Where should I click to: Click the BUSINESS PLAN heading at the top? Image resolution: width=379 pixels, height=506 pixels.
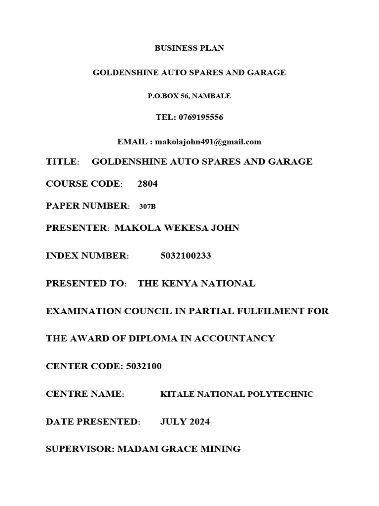(189, 48)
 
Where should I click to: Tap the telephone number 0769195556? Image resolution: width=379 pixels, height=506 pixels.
(200, 118)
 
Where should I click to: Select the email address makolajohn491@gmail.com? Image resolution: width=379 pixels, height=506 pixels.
(208, 142)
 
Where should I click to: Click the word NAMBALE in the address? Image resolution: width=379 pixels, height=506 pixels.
(211, 96)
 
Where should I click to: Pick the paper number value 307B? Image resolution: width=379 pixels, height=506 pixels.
(148, 206)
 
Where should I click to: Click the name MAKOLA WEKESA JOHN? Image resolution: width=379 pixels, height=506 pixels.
(177, 228)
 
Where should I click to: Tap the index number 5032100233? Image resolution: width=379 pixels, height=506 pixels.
(186, 255)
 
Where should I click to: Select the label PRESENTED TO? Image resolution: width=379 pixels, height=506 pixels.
(85, 284)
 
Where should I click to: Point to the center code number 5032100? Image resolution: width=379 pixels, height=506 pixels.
(144, 366)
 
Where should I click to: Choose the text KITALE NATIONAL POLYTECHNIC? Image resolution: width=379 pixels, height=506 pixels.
(237, 394)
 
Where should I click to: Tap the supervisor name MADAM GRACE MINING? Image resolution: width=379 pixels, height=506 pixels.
(179, 449)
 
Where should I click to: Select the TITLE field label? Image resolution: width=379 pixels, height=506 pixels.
(62, 162)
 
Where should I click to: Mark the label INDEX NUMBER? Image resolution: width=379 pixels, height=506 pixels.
(86, 255)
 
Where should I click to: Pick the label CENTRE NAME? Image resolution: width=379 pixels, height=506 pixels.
(84, 394)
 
